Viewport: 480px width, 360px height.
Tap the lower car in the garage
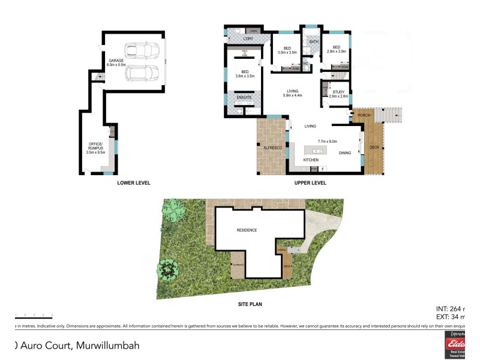(x=142, y=73)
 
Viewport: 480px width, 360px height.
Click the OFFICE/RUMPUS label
(x=96, y=146)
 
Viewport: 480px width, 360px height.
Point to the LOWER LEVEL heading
(x=134, y=182)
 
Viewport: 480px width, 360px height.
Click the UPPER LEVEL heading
(x=310, y=182)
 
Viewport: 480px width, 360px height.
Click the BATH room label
(x=313, y=41)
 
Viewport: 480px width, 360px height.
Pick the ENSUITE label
(x=244, y=97)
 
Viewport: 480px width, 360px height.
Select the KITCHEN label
(x=310, y=160)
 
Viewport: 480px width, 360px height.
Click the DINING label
(x=345, y=153)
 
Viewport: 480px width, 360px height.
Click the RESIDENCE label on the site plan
(x=246, y=230)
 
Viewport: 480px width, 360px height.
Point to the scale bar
(x=34, y=315)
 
